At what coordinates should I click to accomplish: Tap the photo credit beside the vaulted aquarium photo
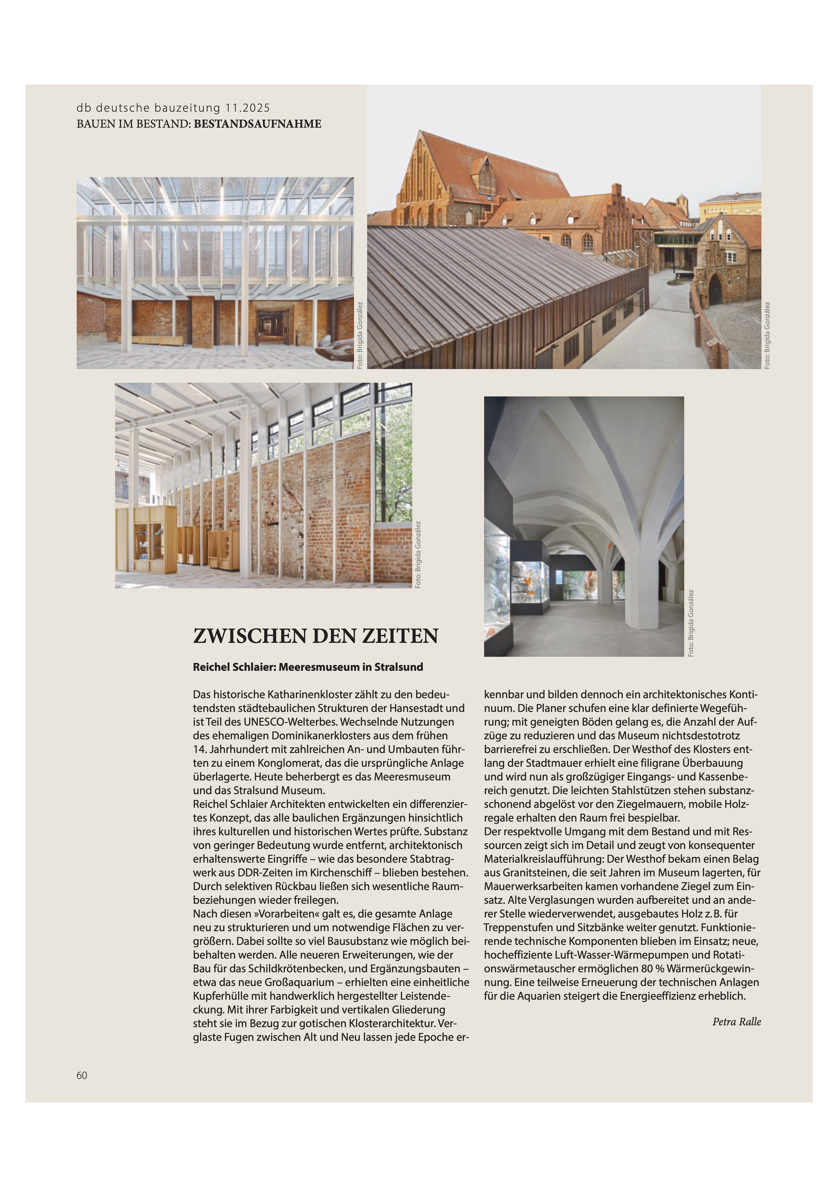click(691, 623)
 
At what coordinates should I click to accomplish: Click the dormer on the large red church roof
click(486, 173)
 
